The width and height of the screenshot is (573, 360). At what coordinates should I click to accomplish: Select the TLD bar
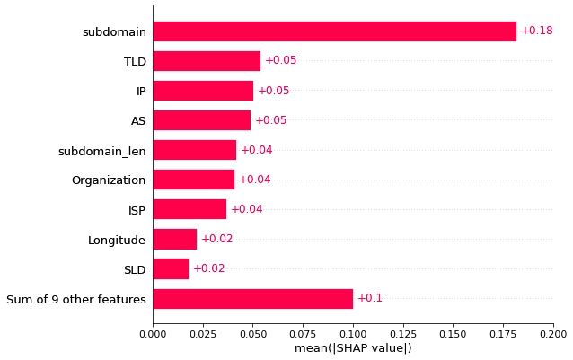[207, 61]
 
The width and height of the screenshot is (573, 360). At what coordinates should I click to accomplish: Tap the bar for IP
[203, 91]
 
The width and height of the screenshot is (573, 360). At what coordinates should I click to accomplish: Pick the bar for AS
[201, 120]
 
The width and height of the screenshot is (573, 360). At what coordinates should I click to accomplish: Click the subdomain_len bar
[194, 150]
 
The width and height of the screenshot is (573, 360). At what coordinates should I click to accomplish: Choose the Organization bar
[193, 180]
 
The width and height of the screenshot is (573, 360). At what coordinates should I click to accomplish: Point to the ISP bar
[190, 209]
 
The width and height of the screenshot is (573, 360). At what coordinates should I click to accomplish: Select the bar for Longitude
[174, 239]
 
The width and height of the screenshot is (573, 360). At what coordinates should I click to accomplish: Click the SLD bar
[171, 268]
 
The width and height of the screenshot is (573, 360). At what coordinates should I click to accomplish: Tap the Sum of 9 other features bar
[252, 298]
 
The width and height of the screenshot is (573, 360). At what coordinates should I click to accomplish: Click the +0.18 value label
[536, 31]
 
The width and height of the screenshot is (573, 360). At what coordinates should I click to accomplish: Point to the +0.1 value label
[369, 298]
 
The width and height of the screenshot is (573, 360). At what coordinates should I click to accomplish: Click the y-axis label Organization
[109, 180]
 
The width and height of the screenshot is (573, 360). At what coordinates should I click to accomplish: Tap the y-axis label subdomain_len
[101, 151]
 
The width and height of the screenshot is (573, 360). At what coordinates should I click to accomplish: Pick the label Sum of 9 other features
[76, 299]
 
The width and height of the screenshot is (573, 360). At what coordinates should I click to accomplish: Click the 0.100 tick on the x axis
[353, 334]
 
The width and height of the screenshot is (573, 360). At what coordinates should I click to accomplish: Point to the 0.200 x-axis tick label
[552, 334]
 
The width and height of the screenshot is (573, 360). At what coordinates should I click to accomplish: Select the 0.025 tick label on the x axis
[203, 334]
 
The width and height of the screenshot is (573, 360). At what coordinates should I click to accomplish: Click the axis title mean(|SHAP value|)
[353, 348]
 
